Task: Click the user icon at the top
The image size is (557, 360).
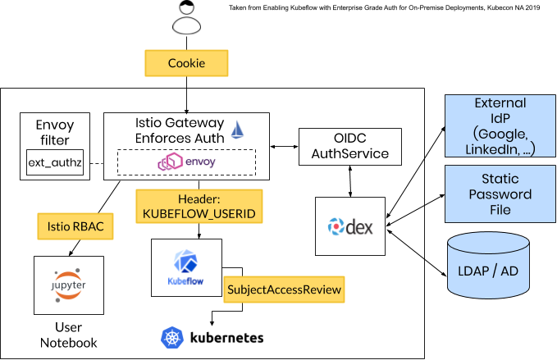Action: (x=186, y=20)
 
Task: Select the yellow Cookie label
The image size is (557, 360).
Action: (x=186, y=63)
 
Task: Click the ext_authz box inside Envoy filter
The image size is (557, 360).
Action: (x=55, y=163)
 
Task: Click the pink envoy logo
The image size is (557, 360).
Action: (x=186, y=162)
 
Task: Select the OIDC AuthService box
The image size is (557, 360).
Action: (x=350, y=146)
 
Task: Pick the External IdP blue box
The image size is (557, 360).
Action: (x=500, y=125)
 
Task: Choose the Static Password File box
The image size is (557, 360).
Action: (x=500, y=194)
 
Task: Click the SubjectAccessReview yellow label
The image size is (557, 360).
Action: (x=283, y=289)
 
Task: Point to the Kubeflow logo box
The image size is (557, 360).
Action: (x=185, y=268)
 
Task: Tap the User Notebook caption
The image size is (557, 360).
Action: (x=69, y=335)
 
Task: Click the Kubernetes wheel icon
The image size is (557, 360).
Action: (x=172, y=337)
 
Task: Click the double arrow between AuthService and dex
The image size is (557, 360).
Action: (x=351, y=180)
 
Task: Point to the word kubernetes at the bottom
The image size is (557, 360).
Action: (x=227, y=337)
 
